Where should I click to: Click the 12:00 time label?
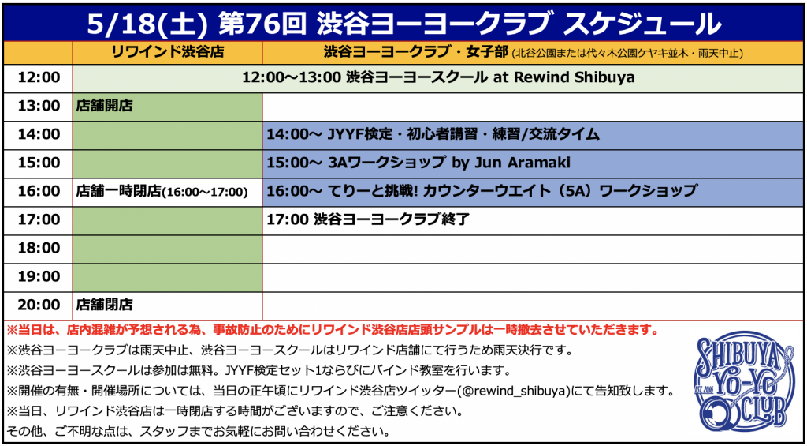[39, 77]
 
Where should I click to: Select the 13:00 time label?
[39, 107]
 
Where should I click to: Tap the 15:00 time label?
[39, 163]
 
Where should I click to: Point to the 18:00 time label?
[39, 248]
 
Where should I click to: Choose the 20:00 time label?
[39, 305]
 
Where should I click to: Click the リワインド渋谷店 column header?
[167, 52]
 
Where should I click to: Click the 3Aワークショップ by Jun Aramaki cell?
[534, 163]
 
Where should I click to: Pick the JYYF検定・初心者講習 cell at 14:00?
[534, 134]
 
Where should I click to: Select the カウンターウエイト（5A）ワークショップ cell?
[534, 191]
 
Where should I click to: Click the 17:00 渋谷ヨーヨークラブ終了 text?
[368, 219]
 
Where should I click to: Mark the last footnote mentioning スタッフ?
[198, 430]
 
